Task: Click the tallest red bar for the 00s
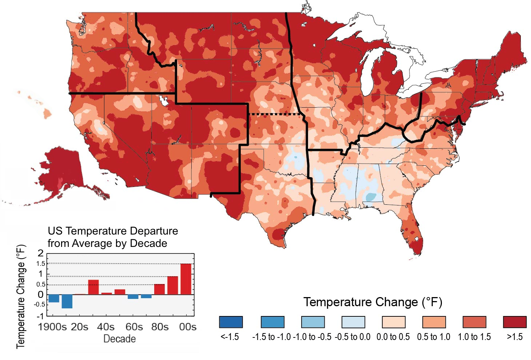coord(186,279)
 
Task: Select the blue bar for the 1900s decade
coord(54,299)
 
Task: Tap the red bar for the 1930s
coord(93,287)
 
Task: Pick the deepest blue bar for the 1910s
coord(67,301)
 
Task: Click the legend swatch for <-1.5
coord(231,322)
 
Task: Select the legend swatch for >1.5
coord(515,322)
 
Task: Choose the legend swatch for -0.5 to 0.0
coord(353,322)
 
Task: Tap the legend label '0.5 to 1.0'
coord(434,337)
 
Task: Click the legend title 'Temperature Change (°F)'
coord(373,302)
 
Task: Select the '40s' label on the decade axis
coord(106,327)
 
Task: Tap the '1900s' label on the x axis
coord(52,327)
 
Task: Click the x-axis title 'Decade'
coord(120,339)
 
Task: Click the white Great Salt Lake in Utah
coord(163,101)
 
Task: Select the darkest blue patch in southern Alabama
coord(371,197)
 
